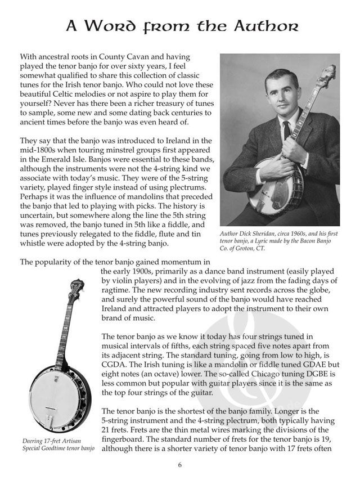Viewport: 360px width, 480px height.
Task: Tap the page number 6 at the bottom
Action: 180,465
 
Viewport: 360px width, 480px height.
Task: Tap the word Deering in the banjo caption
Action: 35,441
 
